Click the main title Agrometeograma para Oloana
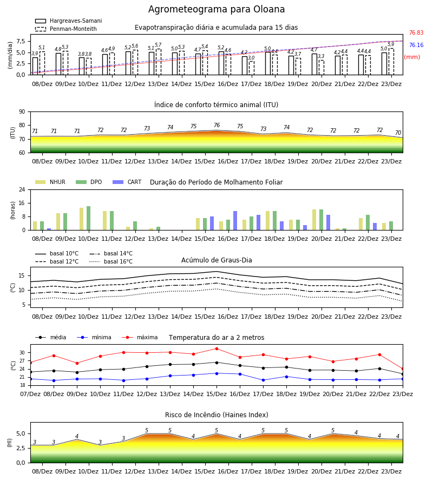(x=216, y=9)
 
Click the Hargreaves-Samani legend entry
(x=69, y=21)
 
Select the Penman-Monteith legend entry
(x=66, y=29)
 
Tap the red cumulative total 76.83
(x=416, y=32)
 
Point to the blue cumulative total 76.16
(x=416, y=45)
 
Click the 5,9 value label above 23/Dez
(x=391, y=44)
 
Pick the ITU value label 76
(x=217, y=125)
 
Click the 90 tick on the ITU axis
(x=22, y=112)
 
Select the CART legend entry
(x=127, y=182)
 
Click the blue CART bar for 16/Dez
(x=235, y=221)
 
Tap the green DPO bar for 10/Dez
(x=89, y=218)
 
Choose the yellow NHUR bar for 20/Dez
(x=314, y=220)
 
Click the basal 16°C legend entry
(x=111, y=261)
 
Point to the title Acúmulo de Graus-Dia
(x=216, y=260)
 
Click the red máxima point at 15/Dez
(x=216, y=349)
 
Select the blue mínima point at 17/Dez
(x=263, y=380)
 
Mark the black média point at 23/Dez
(x=403, y=374)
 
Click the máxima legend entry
(x=140, y=337)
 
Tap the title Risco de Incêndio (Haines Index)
(x=216, y=414)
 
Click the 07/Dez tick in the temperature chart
(x=30, y=394)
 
